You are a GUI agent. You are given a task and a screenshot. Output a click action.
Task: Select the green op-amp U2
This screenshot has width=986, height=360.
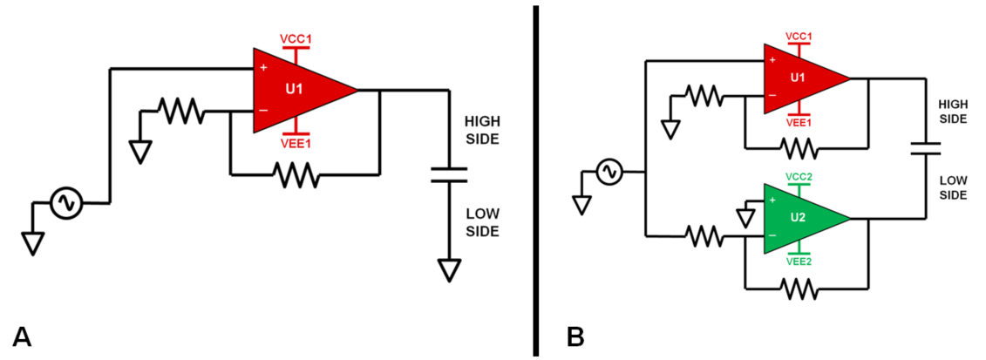click(x=798, y=218)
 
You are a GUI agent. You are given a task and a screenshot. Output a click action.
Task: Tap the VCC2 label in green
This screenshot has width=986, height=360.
click(x=799, y=177)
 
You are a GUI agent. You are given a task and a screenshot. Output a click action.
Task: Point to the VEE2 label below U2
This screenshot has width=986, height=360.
click(x=799, y=260)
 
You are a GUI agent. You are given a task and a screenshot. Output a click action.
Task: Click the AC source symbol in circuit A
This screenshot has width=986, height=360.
click(x=65, y=203)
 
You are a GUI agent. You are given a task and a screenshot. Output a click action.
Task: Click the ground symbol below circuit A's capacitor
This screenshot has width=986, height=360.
click(x=449, y=269)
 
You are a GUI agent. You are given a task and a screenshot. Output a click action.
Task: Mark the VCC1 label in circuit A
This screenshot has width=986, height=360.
click(x=296, y=40)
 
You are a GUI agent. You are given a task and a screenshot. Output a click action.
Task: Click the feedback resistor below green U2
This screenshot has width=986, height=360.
click(x=799, y=289)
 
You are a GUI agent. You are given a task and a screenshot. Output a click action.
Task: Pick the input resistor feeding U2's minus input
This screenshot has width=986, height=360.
click(x=704, y=234)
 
